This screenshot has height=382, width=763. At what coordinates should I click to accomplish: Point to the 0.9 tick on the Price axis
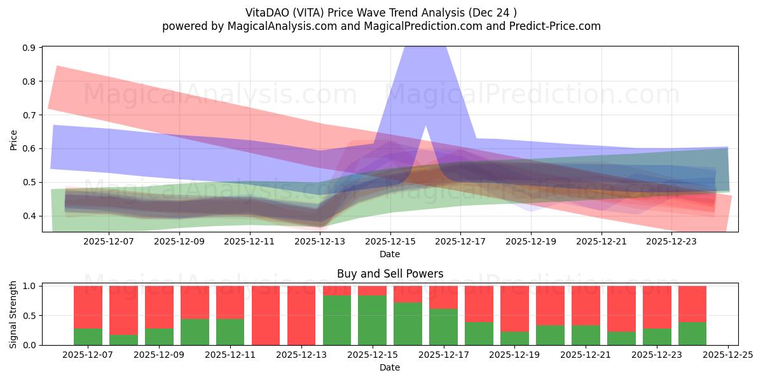click(x=30, y=48)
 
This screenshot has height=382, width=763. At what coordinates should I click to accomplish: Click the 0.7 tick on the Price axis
click(x=30, y=115)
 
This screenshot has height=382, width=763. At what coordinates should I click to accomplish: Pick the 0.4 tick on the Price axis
click(x=30, y=216)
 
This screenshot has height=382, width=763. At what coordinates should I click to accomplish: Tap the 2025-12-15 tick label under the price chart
click(x=390, y=241)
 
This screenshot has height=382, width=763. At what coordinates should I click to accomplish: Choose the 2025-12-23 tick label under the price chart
click(x=672, y=241)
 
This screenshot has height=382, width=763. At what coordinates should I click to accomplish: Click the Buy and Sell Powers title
click(x=390, y=274)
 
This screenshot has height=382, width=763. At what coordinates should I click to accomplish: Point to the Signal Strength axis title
click(x=14, y=315)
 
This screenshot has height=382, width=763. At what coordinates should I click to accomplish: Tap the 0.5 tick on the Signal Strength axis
click(x=30, y=316)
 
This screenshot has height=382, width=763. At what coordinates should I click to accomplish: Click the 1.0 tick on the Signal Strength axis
click(x=30, y=286)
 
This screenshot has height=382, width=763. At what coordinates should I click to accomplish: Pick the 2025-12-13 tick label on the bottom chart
click(x=301, y=355)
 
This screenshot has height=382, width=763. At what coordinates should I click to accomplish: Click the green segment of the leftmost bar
click(x=88, y=337)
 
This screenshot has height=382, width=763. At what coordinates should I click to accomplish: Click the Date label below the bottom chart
click(x=390, y=367)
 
